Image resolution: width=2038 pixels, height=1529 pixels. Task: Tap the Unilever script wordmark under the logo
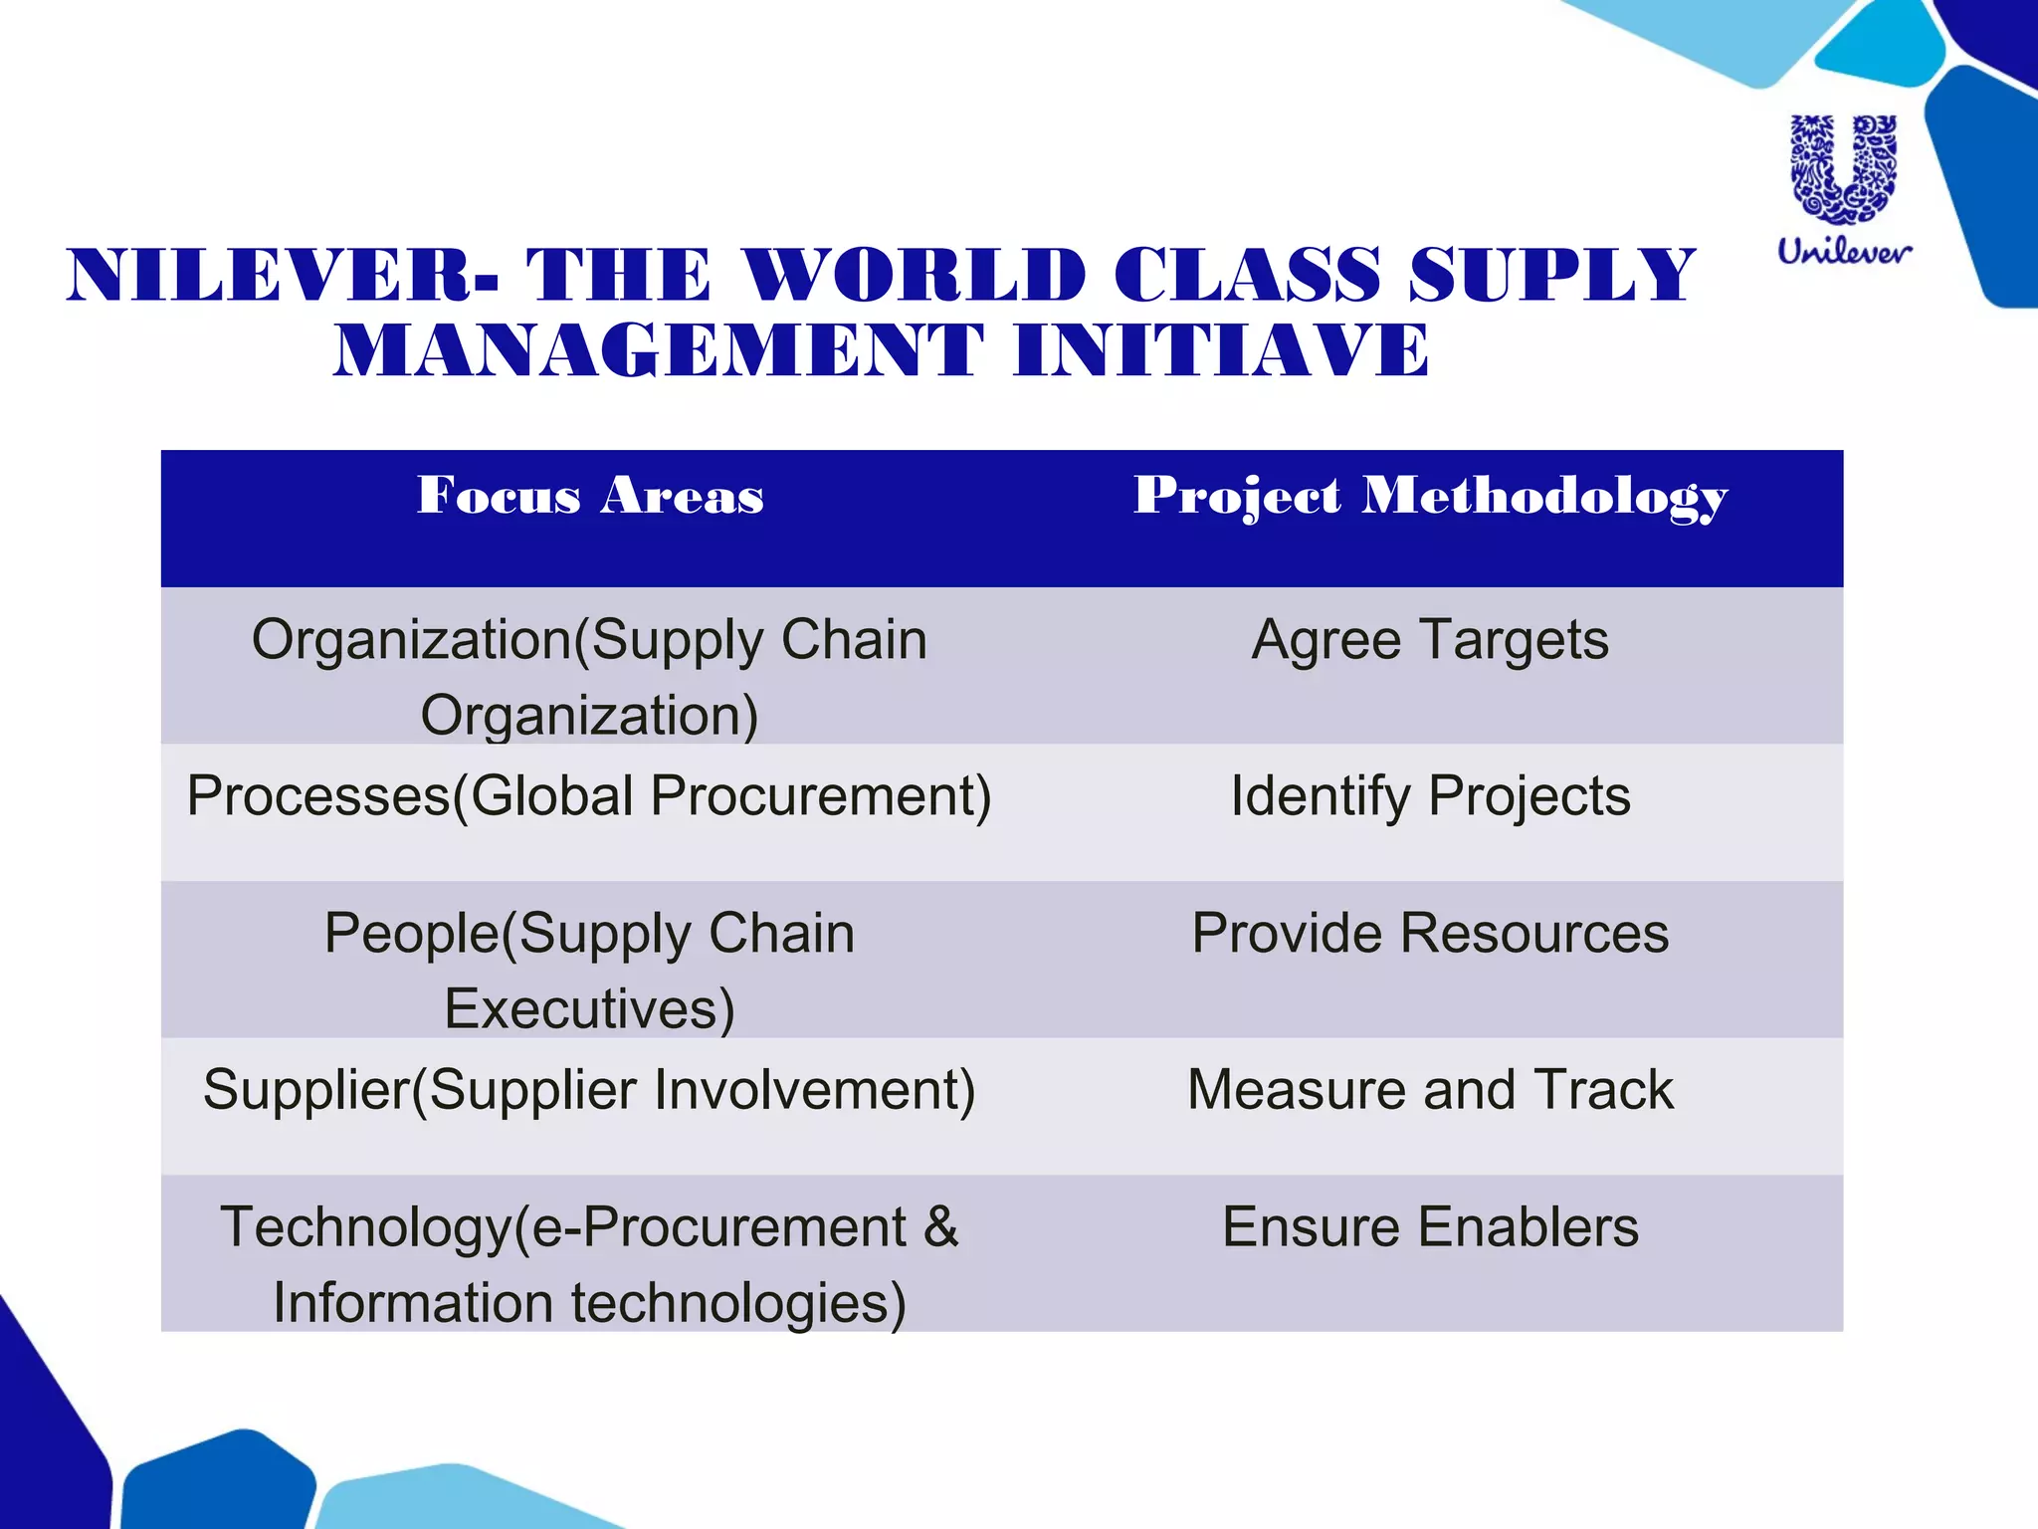pos(1844,251)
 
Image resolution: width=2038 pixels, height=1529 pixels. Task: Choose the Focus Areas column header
pos(590,495)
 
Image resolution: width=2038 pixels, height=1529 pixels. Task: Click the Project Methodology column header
pos(1430,497)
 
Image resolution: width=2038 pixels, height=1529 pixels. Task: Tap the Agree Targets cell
pos(1430,640)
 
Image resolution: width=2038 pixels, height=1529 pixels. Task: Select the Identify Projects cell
pos(1430,796)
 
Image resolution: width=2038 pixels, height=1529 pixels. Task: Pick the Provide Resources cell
pos(1430,934)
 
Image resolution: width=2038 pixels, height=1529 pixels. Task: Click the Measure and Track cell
pos(1430,1090)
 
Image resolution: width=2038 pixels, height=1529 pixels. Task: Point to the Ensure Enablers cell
pos(1430,1227)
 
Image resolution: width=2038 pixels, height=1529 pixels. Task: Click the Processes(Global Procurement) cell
pos(589,796)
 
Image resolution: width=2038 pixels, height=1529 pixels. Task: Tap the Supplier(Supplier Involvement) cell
pos(589,1090)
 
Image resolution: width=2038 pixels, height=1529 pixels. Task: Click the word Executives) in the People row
pos(589,1009)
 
